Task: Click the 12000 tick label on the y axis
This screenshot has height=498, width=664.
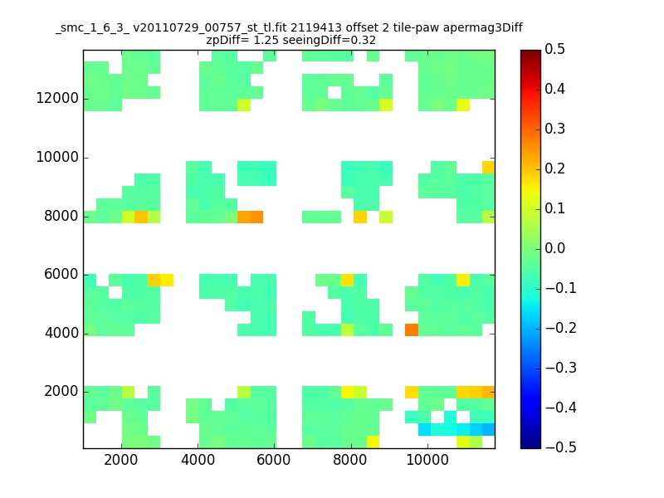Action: (x=57, y=99)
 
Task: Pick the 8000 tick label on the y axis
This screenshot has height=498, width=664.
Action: (x=61, y=216)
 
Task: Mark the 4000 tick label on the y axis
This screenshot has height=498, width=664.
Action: (x=61, y=333)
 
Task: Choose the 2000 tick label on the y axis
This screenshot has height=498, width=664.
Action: (x=61, y=392)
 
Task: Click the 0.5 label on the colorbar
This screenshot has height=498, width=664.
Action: (x=555, y=50)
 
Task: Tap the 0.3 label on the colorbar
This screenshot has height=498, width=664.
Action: (x=555, y=129)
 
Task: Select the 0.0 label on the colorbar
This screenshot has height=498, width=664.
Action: (x=555, y=249)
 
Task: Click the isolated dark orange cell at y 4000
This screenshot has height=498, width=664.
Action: (x=411, y=330)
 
